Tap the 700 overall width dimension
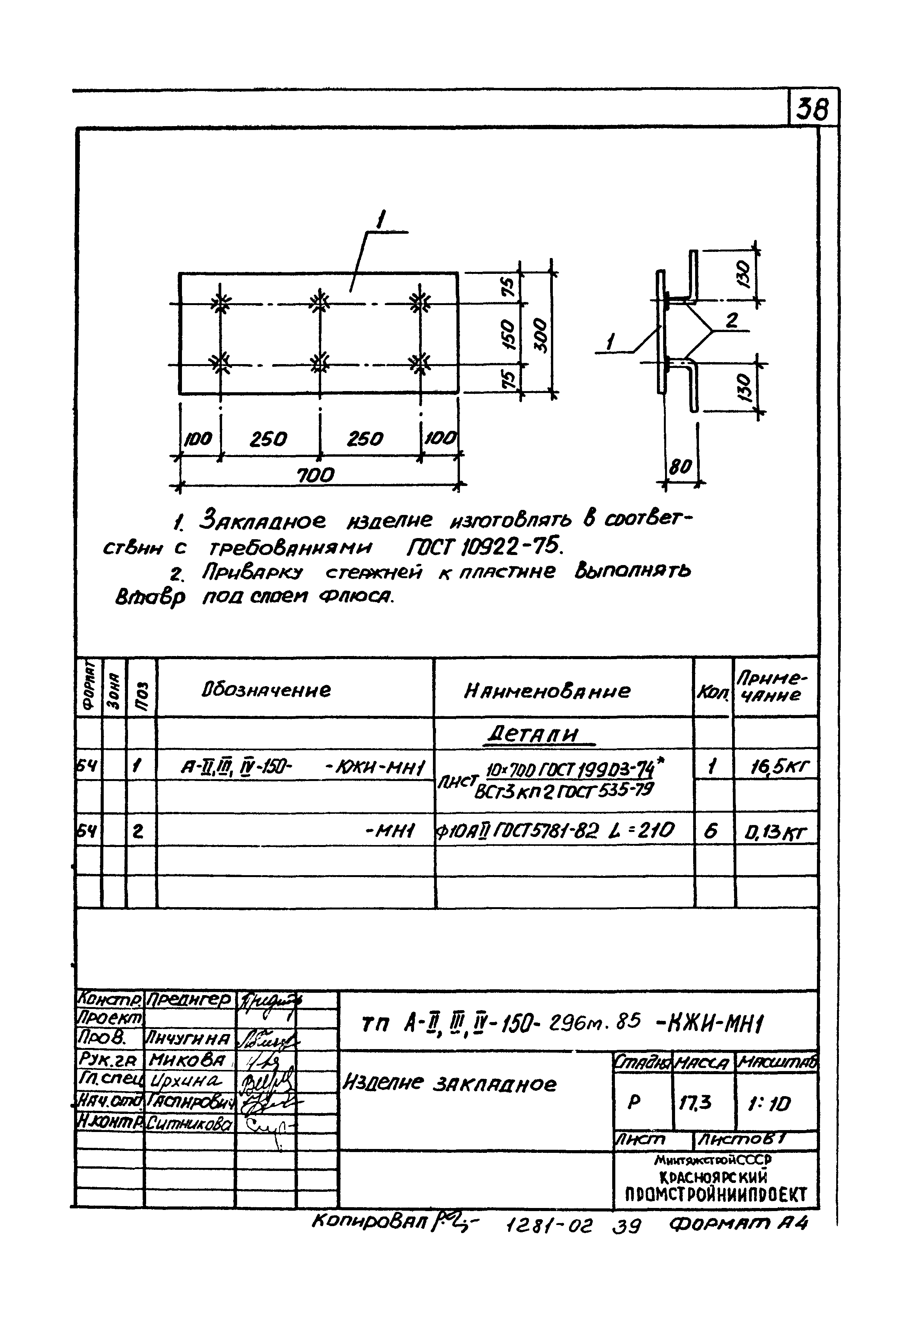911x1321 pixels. tap(316, 474)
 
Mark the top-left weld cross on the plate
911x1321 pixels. tap(221, 303)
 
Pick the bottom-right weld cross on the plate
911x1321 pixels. tap(420, 363)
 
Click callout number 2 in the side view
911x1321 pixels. tap(733, 321)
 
